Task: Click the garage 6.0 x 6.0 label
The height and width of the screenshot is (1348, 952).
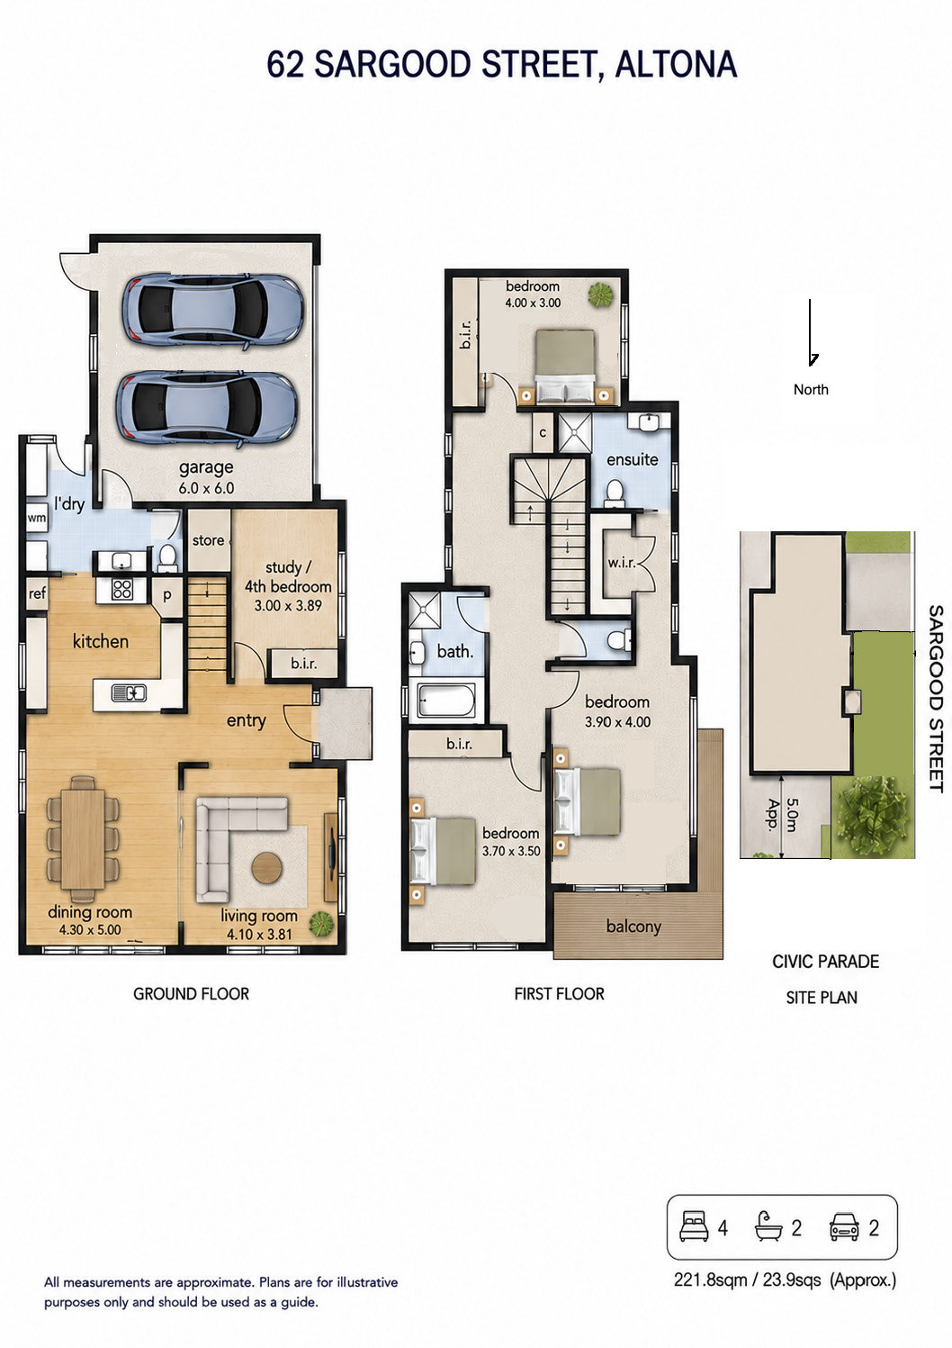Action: click(206, 477)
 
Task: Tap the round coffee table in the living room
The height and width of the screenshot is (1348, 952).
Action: click(266, 868)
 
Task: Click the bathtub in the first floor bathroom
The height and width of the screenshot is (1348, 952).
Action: click(445, 699)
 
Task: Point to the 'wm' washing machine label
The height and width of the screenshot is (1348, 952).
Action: click(36, 518)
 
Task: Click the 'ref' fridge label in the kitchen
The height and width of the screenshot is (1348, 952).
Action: click(37, 593)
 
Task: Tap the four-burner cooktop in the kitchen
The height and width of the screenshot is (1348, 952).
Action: click(122, 589)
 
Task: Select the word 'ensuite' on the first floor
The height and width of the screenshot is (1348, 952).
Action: click(632, 460)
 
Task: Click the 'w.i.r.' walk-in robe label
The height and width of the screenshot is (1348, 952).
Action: click(621, 563)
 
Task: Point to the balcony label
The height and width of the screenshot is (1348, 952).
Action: click(633, 927)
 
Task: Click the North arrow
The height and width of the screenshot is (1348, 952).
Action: click(811, 332)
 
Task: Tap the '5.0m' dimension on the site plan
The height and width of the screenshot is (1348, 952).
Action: click(792, 815)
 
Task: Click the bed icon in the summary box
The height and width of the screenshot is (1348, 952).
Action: click(694, 1227)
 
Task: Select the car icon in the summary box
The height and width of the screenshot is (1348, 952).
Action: click(844, 1227)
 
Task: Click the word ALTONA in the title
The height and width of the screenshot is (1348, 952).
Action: click(676, 65)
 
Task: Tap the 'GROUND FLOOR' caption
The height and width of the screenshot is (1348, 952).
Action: click(192, 993)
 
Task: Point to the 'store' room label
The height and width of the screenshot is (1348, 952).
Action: click(208, 540)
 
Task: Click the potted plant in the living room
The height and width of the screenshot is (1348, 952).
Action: click(322, 924)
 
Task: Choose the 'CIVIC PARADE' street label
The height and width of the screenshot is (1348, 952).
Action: click(825, 962)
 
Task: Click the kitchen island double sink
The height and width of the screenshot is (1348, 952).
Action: click(129, 693)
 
